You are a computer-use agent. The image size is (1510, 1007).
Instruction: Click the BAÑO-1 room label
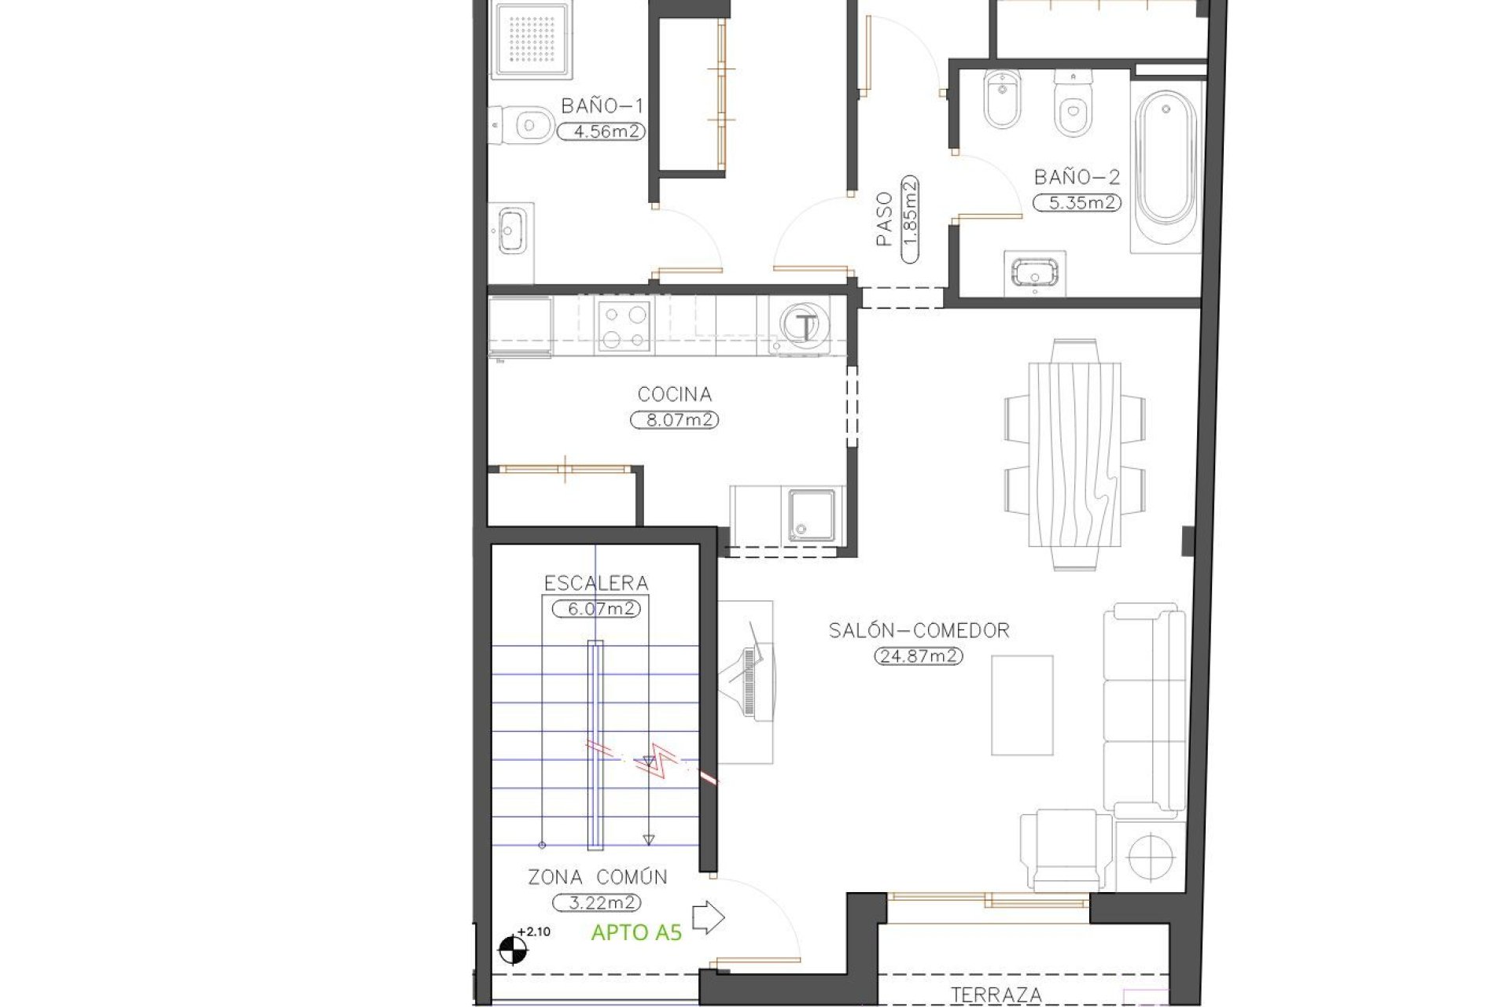602,106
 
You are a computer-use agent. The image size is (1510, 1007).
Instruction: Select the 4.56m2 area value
602,131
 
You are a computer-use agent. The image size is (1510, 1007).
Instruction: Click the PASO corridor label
885,219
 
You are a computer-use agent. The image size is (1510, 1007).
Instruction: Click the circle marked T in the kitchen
804,326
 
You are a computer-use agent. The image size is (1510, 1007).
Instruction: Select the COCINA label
674,394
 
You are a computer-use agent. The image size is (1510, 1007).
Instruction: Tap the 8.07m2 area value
675,420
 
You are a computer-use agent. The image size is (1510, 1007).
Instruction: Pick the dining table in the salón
1074,454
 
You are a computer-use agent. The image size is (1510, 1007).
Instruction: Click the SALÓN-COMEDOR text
919,630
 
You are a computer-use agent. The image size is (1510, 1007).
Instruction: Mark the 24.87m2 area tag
919,655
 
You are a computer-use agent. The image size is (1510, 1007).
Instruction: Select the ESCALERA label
596,583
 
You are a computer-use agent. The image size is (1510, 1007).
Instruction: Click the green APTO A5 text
635,933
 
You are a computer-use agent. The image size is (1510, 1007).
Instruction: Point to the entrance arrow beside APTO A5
708,918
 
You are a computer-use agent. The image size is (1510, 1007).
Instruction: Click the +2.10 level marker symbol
514,948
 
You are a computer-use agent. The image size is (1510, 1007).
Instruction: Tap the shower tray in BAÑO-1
532,37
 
